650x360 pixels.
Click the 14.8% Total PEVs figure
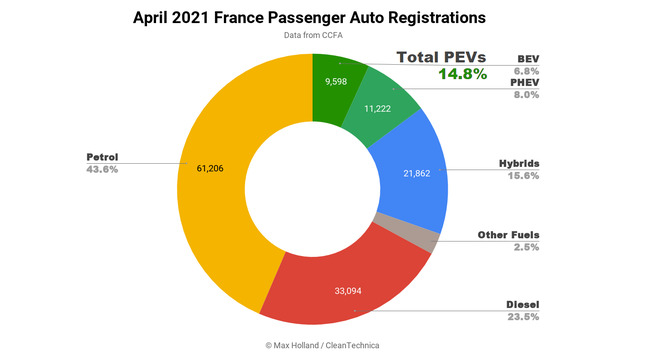461,73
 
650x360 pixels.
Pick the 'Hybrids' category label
518,163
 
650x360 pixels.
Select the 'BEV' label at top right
527,58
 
